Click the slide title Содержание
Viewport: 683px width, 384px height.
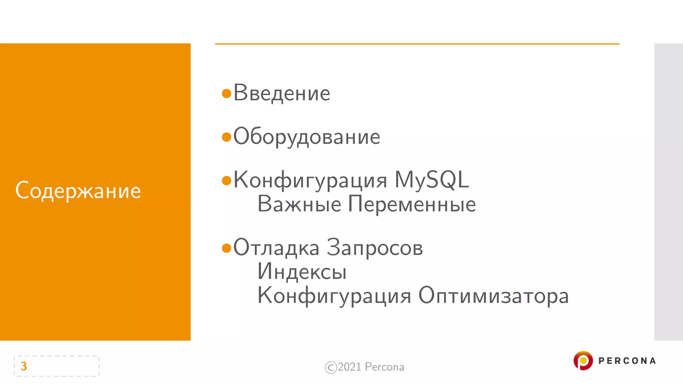78,191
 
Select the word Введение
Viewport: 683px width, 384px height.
282,93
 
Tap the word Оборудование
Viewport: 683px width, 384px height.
307,137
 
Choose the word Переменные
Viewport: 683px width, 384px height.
412,204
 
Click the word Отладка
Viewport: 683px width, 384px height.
276,248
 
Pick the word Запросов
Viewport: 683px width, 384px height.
375,248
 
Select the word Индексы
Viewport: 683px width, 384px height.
302,272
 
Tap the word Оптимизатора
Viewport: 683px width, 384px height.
494,296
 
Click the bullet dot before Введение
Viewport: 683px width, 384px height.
227,93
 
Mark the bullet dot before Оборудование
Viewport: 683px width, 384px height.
227,137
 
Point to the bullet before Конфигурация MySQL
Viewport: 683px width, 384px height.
227,180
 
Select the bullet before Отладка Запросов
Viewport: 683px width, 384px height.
227,248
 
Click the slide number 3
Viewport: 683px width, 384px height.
24,366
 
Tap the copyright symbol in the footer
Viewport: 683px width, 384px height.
331,367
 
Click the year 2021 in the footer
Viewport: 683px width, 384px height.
350,367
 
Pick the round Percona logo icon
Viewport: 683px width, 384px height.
583,361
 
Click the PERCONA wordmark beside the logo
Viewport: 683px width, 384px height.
627,361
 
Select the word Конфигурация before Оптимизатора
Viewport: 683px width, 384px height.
334,296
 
